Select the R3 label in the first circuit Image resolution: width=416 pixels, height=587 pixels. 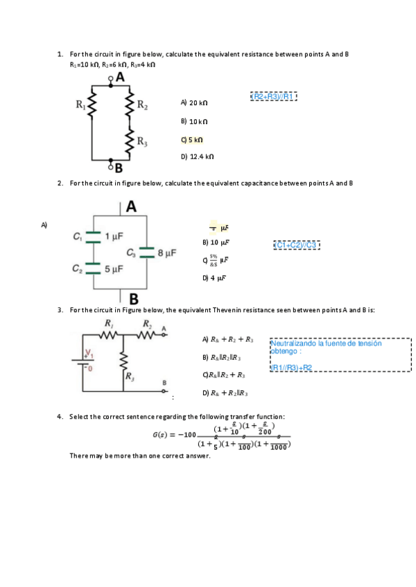141,143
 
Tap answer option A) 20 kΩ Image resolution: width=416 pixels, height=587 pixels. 193,102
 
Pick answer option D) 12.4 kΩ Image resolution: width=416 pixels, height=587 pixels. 197,157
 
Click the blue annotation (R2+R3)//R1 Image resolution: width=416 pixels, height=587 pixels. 273,96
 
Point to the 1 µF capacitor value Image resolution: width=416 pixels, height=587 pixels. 114,237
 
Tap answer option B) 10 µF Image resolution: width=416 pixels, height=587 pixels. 215,243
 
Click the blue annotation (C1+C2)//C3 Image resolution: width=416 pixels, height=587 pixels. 296,244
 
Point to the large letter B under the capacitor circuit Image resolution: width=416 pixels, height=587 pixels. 133,299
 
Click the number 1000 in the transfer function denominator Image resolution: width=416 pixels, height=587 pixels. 277,447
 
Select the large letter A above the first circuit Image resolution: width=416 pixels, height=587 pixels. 120,78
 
